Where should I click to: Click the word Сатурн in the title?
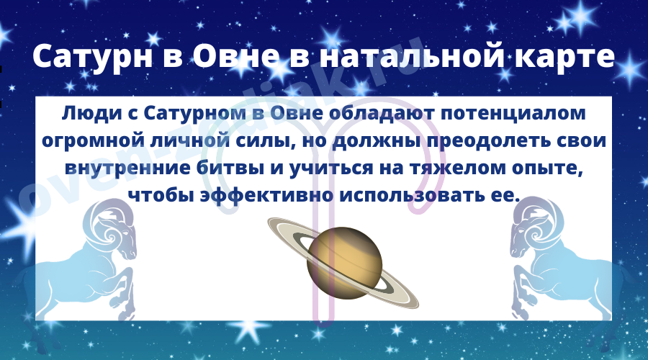tap(93, 57)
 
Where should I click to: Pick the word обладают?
tap(381, 114)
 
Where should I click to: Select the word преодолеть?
tap(487, 141)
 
